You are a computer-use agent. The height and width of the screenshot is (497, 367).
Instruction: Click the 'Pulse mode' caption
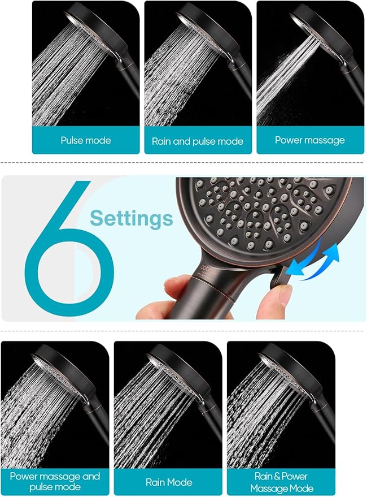tap(86, 140)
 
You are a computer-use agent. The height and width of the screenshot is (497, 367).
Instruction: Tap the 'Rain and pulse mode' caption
tap(198, 141)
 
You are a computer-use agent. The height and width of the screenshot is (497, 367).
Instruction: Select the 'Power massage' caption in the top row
tap(309, 140)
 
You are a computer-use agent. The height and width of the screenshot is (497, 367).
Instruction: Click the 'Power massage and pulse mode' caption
tap(55, 482)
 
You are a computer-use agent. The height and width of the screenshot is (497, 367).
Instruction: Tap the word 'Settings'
tap(132, 218)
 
